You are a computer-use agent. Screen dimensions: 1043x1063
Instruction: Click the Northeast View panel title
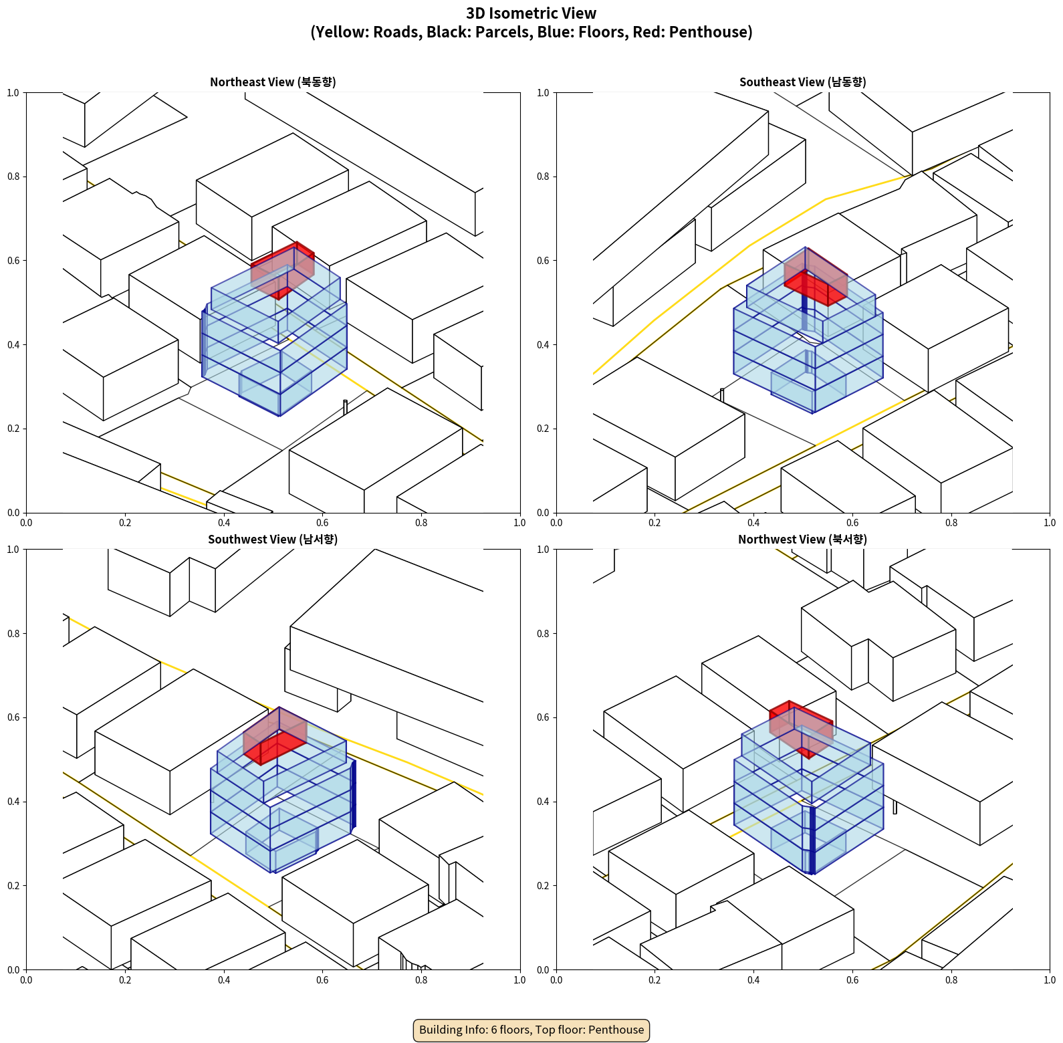(x=273, y=82)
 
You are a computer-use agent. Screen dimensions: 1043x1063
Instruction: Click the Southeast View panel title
(x=802, y=82)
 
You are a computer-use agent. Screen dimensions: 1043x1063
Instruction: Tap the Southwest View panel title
(x=273, y=540)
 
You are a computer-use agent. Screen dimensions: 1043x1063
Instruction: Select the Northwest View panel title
(x=802, y=540)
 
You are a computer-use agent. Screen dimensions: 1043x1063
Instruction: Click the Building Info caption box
(x=531, y=1030)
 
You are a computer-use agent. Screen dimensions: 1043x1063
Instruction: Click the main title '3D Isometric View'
(x=531, y=13)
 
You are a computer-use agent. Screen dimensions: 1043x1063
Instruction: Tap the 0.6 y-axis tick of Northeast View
(x=13, y=261)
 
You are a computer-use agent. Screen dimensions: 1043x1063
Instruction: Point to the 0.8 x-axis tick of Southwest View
(x=421, y=980)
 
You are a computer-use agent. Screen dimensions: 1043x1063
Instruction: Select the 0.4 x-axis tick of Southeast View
(x=753, y=523)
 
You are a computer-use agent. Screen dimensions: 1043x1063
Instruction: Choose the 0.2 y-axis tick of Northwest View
(x=543, y=886)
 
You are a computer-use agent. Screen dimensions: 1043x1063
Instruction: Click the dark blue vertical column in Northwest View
(x=812, y=839)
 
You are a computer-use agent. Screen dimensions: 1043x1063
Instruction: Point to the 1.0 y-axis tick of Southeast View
(x=543, y=93)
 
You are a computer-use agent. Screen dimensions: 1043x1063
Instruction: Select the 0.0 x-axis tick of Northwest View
(x=556, y=980)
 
